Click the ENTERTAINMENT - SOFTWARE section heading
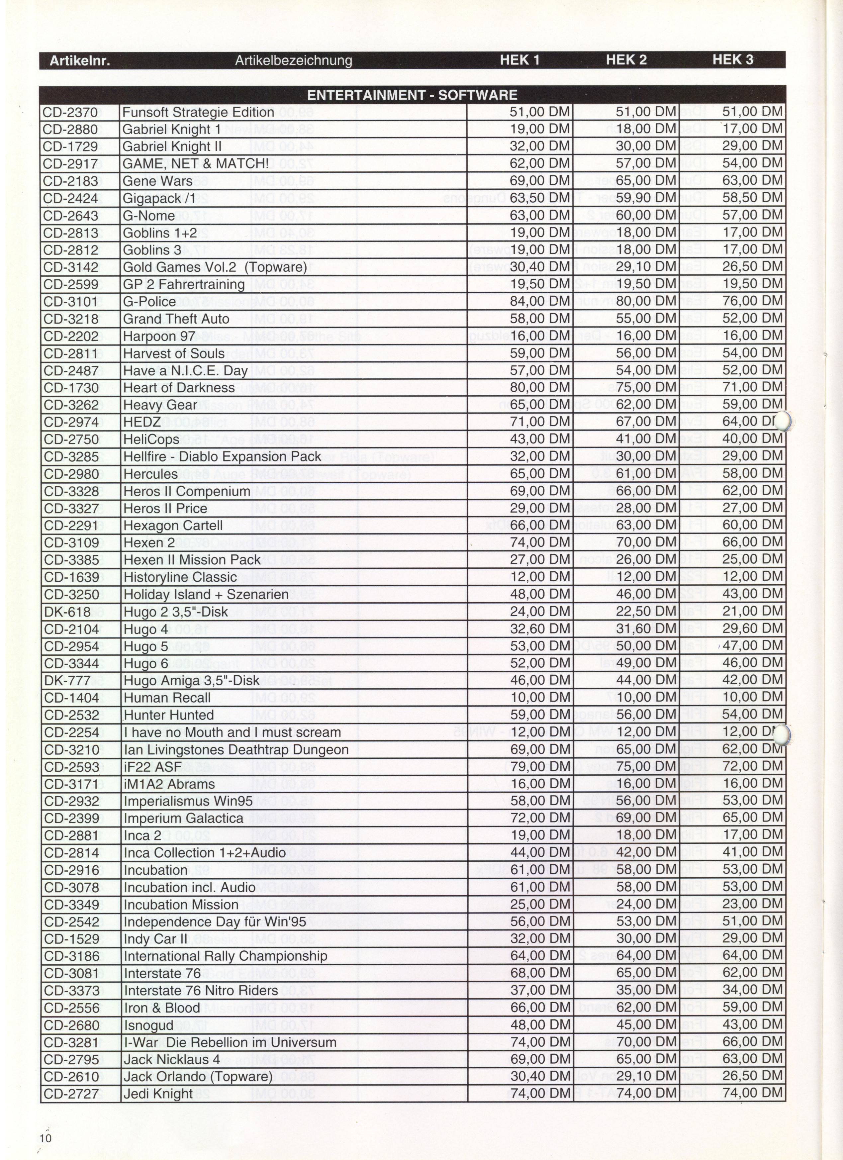point(412,95)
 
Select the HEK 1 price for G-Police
point(540,301)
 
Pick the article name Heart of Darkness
point(178,388)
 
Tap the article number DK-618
point(67,612)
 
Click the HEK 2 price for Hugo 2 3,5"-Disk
point(646,611)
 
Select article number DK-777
point(67,681)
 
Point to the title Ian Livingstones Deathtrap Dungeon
point(236,750)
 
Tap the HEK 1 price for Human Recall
point(540,698)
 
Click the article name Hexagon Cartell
point(173,526)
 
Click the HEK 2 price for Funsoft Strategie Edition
point(646,112)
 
